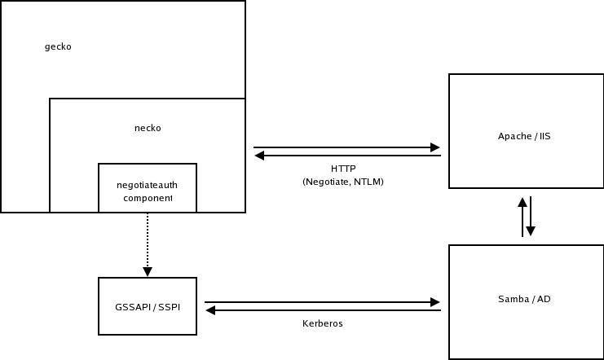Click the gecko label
pos(58,46)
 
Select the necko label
pos(148,128)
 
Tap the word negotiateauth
pos(148,185)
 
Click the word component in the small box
pos(148,198)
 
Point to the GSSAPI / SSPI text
pos(148,306)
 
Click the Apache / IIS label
pos(524,136)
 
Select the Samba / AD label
pos(524,299)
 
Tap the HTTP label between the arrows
pos(343,169)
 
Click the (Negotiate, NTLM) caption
pos(342,182)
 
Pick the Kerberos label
pos(322,323)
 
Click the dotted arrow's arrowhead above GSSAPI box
pos(148,271)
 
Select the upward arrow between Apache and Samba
pos(522,216)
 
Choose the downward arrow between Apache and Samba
pos(531,217)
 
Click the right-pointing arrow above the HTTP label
pos(346,147)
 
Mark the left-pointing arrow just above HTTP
pos(346,156)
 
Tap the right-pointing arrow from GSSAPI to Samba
pos(322,302)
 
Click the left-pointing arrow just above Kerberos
pos(322,310)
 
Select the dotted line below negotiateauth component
pos(148,240)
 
